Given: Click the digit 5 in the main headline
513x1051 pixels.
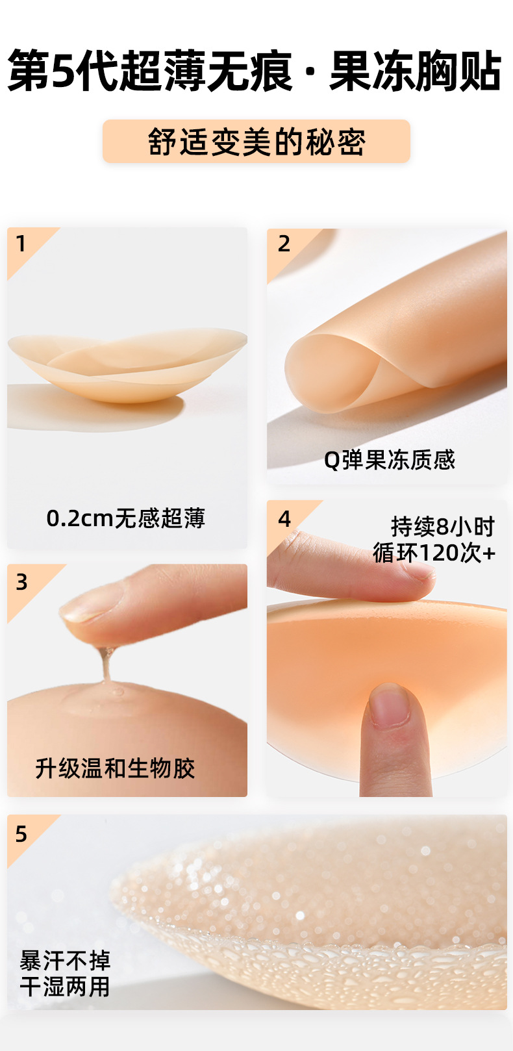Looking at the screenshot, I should click(63, 71).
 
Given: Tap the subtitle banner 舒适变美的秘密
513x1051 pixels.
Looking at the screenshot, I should click(256, 142).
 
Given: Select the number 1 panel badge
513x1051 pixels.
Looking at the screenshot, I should click(21, 244).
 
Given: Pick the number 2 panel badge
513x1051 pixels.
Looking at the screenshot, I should click(284, 244).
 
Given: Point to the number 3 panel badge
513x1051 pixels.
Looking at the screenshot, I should click(22, 582).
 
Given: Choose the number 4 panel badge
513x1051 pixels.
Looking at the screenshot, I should click(284, 519).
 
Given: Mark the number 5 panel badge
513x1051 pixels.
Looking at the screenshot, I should click(21, 834).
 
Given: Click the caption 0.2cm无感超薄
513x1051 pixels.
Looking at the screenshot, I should click(126, 518).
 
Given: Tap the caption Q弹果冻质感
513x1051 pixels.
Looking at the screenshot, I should click(390, 460).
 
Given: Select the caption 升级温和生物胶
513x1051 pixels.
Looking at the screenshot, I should click(115, 768).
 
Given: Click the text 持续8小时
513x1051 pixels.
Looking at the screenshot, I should click(443, 526).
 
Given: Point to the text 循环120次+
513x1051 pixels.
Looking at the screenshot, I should click(434, 553).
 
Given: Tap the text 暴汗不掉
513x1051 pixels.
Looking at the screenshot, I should click(65, 960).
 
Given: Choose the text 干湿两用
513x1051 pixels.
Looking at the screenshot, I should click(65, 987).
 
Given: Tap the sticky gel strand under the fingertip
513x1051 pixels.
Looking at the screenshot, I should click(105, 663).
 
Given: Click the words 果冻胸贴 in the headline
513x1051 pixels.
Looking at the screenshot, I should click(416, 71).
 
